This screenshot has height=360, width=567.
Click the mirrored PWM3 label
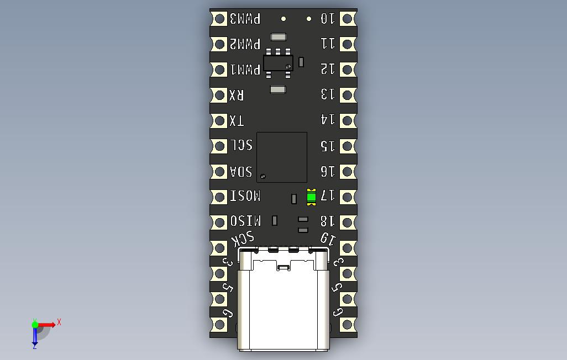coord(245,19)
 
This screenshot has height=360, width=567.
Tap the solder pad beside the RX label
coord(219,95)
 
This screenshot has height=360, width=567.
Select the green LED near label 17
coord(311,197)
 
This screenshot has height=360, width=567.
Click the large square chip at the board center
coord(282,157)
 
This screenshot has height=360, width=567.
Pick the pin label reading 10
coord(328,19)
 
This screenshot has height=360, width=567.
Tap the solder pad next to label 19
coord(347,248)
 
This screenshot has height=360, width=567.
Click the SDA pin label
coord(241,171)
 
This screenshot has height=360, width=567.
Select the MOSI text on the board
coord(245,197)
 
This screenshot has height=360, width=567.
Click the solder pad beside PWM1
coord(219,70)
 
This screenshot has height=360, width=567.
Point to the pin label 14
coord(328,120)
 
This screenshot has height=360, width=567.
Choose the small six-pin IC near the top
coord(278,62)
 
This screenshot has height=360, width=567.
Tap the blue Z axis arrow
coord(35,336)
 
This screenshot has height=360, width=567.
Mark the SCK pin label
coord(243,239)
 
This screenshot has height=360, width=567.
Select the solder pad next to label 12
coord(347,70)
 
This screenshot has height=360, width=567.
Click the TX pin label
coord(237,120)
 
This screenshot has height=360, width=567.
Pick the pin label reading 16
coord(328,171)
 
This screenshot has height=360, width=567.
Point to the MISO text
coord(245,221)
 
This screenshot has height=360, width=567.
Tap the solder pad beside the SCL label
coord(219,146)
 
